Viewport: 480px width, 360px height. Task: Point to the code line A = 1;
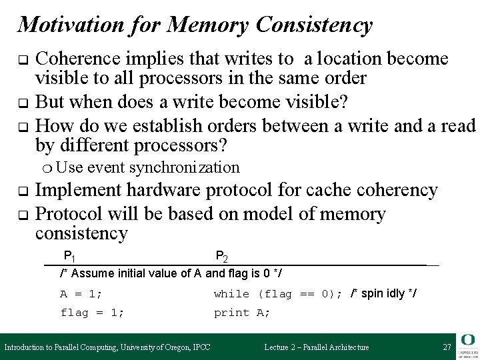[x=81, y=294]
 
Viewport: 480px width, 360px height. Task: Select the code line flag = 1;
[x=92, y=312]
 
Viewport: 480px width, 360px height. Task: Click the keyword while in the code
[x=231, y=294]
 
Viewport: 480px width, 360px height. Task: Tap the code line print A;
[x=242, y=312]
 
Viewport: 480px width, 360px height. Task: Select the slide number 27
[x=446, y=347]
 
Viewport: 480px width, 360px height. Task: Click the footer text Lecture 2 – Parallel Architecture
[x=317, y=347]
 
